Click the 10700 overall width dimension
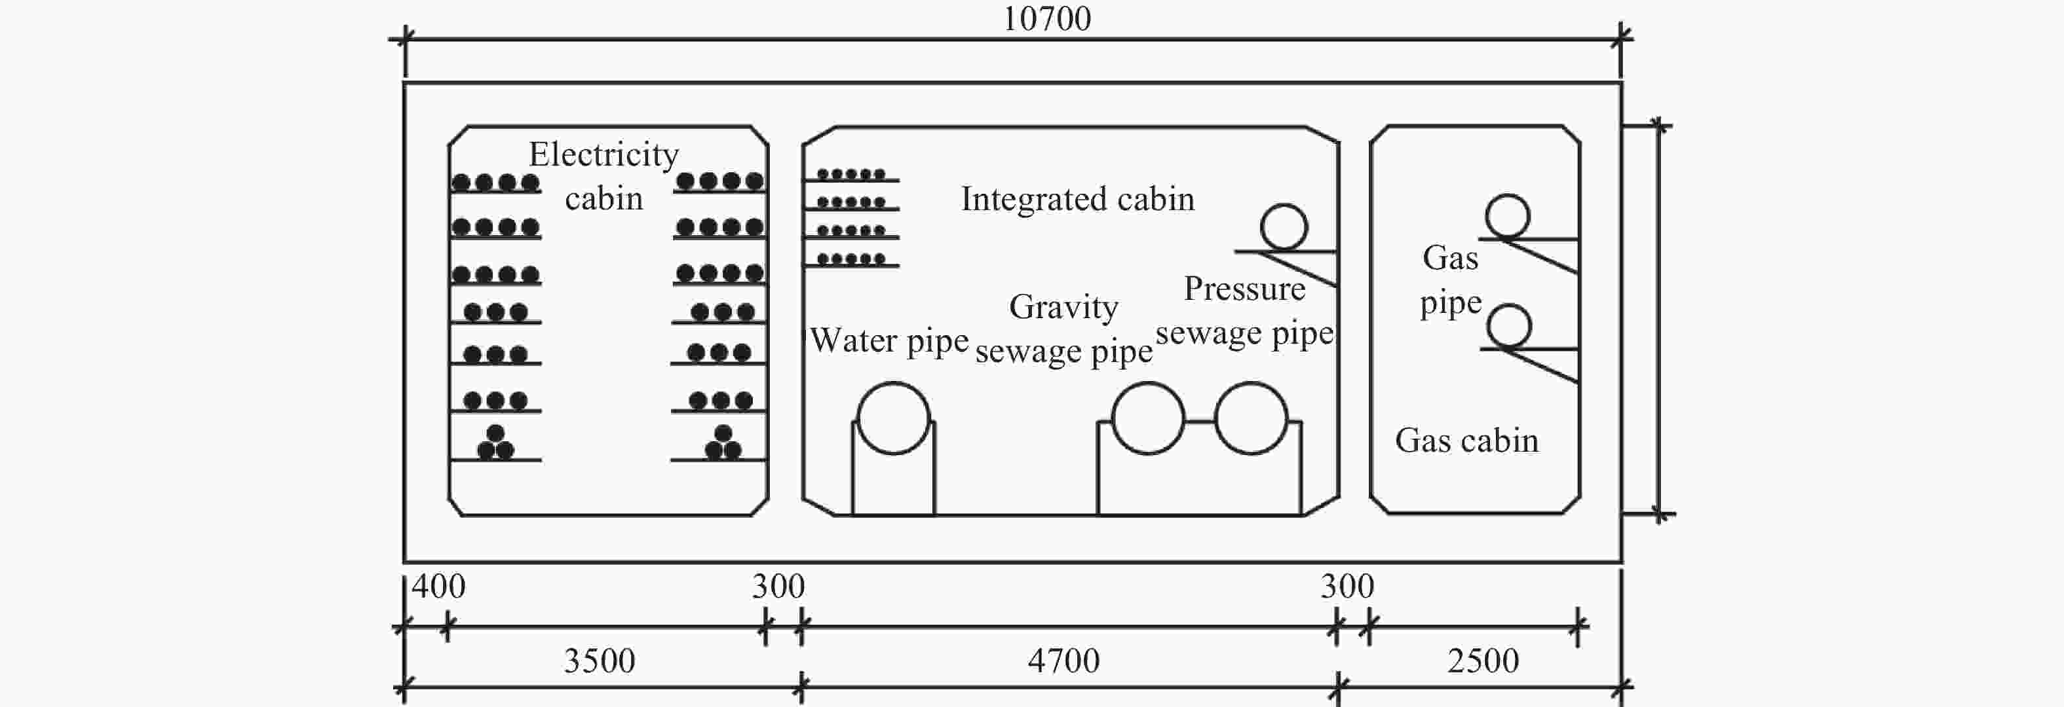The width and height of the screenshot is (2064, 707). pos(1046,19)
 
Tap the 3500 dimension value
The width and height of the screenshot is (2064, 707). pos(600,661)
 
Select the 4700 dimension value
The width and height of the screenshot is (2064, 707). pos(1063,661)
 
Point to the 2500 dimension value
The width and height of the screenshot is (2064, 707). pos(1483,661)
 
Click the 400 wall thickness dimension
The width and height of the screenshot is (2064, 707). pos(438,587)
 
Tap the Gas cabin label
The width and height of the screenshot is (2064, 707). pos(1466,441)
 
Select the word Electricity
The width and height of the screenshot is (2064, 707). pos(603,154)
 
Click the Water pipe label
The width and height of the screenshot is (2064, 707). pos(889,341)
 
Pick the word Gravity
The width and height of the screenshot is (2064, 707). pos(1063,306)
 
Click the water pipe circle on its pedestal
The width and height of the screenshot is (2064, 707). pos(893,418)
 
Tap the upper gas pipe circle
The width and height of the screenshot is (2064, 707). pos(1507,216)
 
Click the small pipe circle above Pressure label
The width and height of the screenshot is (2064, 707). pos(1284,227)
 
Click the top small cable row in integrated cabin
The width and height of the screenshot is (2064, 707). pos(851,173)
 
